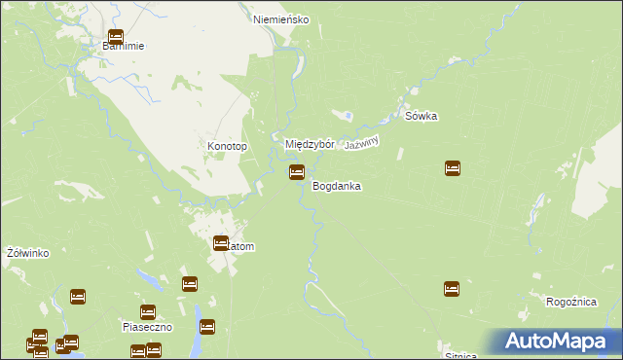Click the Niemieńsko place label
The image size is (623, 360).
click(x=280, y=18)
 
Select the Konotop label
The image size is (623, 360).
click(x=228, y=147)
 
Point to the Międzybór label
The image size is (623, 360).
click(x=310, y=144)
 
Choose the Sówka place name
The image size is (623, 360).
click(x=421, y=116)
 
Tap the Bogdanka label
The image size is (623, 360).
click(x=337, y=185)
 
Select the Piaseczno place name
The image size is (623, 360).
click(x=147, y=327)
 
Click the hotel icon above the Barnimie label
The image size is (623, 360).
click(x=115, y=38)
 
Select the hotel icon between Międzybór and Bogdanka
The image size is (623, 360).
click(x=296, y=172)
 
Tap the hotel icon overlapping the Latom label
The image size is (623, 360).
click(x=221, y=243)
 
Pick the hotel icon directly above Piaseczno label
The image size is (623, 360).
click(x=148, y=312)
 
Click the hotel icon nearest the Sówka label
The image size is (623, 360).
click(x=453, y=168)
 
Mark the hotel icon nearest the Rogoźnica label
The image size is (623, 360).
click(x=452, y=288)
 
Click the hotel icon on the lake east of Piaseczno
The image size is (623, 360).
click(x=206, y=327)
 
